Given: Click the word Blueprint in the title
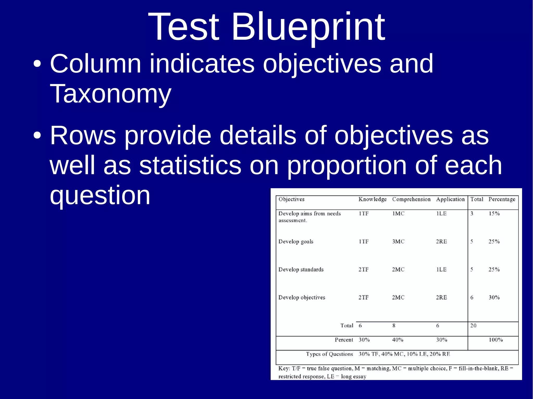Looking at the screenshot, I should pos(308,27).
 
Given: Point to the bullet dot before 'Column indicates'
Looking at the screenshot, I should pos(37,64).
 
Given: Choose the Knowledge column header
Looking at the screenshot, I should pos(372,199).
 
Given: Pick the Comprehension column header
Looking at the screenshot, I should pos(411,199).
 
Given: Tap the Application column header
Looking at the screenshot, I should pos(450,199).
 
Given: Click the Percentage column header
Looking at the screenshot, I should pos(502,199).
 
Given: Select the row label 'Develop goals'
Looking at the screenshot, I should pos(296,242).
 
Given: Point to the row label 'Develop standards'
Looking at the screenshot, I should pos(301,270).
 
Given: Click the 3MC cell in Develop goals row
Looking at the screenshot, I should pos(398,241).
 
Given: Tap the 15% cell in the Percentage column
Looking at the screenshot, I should pos(494,214).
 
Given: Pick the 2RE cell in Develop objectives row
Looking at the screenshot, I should pos(441,297).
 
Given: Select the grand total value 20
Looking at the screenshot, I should pos(473,325).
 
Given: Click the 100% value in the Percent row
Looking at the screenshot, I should pos(496,340).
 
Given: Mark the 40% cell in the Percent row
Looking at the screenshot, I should pos(398,340).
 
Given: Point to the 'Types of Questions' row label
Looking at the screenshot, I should pos(329,354).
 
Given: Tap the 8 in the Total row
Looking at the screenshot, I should pos(394,325).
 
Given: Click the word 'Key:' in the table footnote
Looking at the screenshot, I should pos(284,368).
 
